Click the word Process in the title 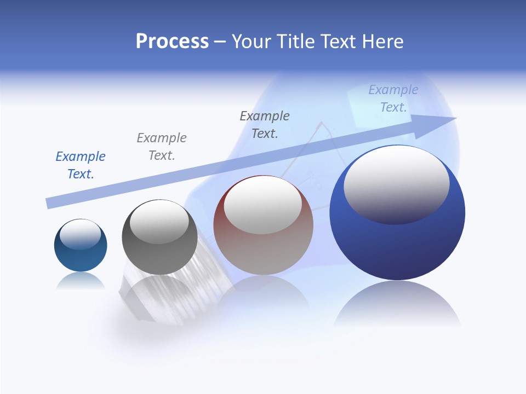click(x=172, y=42)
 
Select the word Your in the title click(x=253, y=42)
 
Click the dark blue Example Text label click(x=81, y=165)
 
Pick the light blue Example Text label click(x=393, y=99)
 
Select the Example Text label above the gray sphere click(x=162, y=147)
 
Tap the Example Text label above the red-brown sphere click(x=265, y=125)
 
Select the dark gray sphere click(x=159, y=257)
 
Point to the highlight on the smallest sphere click(x=81, y=234)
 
